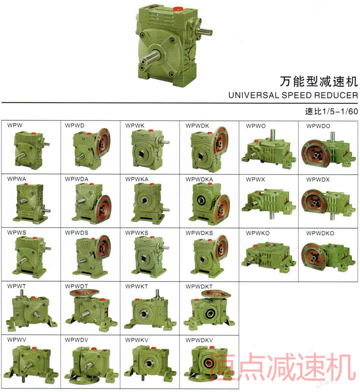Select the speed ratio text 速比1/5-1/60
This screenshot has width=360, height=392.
pyautogui.click(x=331, y=111)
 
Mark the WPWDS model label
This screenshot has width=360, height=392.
pyautogui.click(x=76, y=233)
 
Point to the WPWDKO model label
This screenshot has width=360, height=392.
pyautogui.click(x=320, y=233)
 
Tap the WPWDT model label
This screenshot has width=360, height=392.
pyautogui.click(x=76, y=286)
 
